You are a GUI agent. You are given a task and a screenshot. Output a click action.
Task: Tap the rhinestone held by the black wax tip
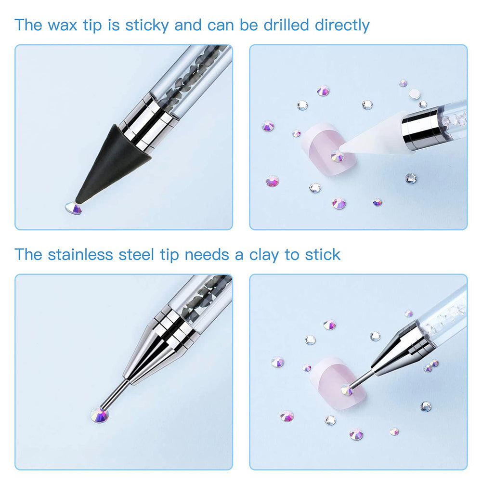[74, 208]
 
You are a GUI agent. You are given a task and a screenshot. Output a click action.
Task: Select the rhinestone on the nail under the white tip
[337, 156]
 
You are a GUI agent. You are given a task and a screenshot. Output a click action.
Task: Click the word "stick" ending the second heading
[323, 255]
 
